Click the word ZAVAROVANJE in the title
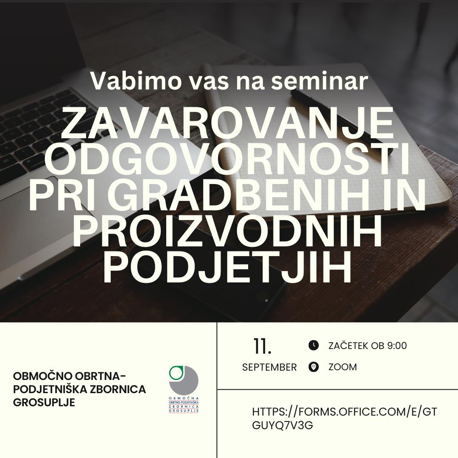coord(228,124)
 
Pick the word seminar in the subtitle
coord(319,81)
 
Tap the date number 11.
coord(263,346)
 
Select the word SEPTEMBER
coord(269,367)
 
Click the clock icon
coord(313,345)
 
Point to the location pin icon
coord(313,367)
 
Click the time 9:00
coord(397,346)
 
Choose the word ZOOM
coord(343,367)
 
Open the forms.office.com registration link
coord(344,418)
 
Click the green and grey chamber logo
coord(184,389)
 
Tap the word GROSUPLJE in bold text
coord(44,402)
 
